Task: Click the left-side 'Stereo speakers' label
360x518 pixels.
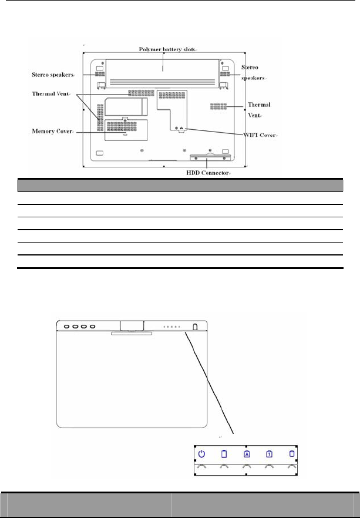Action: pyautogui.click(x=52, y=75)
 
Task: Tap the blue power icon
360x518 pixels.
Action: pyautogui.click(x=201, y=453)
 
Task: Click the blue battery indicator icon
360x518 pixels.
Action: pyautogui.click(x=224, y=453)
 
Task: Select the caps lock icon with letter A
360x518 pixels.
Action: pyautogui.click(x=245, y=453)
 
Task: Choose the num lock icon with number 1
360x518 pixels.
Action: pyautogui.click(x=268, y=453)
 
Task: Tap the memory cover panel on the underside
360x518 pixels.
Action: pyautogui.click(x=126, y=129)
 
